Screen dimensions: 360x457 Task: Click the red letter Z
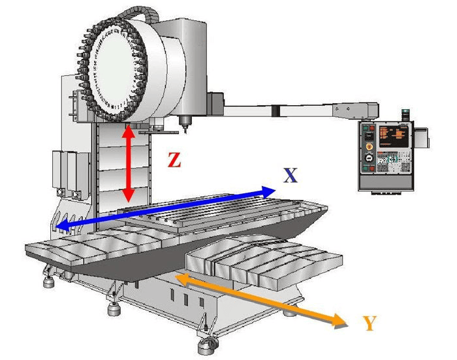[174, 159]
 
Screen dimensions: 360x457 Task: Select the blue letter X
[291, 175]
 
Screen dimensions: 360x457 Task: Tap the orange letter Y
[370, 322]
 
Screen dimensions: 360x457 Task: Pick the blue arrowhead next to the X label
[269, 191]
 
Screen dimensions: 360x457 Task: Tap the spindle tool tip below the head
[185, 129]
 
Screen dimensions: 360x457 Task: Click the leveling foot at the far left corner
[50, 282]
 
